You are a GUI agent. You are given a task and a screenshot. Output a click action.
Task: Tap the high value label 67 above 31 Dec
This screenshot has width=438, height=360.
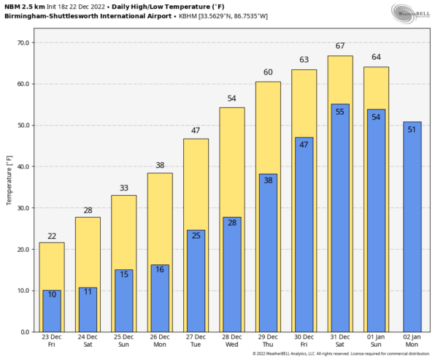[x=339, y=47]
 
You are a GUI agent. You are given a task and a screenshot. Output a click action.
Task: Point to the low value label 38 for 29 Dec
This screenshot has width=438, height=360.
[x=268, y=180]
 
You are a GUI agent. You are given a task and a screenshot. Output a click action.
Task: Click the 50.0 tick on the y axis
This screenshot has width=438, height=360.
[x=22, y=126]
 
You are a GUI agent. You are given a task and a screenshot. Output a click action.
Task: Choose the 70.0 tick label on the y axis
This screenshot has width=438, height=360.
[x=22, y=43]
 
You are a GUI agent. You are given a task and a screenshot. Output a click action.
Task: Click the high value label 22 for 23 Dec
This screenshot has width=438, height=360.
[x=52, y=236]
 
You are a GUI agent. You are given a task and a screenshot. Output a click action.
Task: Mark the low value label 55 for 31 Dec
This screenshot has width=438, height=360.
[x=339, y=112]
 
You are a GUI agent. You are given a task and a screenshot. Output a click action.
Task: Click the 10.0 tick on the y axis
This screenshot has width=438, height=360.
[x=22, y=291]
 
